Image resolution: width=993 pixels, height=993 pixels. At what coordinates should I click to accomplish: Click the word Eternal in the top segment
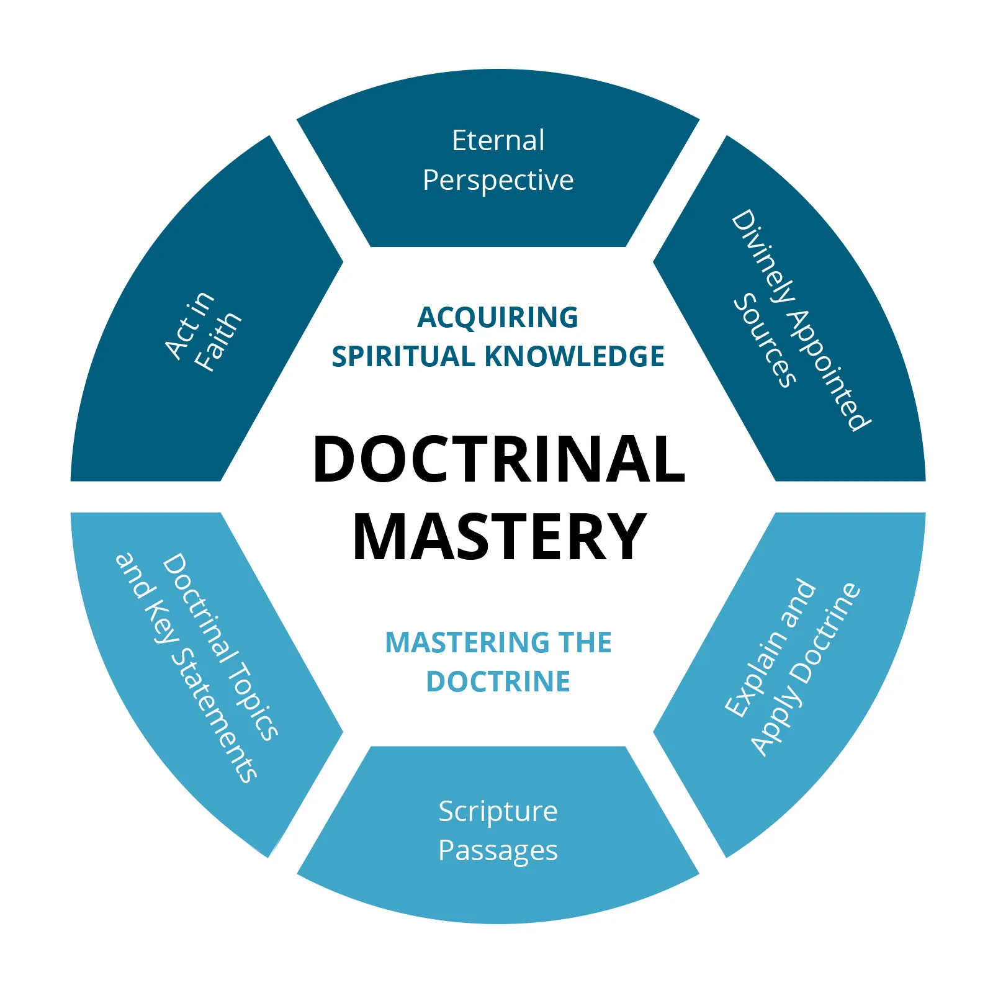(x=498, y=140)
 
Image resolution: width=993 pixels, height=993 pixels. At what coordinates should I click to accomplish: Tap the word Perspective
(x=498, y=181)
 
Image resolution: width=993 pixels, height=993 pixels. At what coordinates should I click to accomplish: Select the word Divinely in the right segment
(x=763, y=257)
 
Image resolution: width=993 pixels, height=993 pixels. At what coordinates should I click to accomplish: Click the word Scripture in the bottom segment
(x=498, y=811)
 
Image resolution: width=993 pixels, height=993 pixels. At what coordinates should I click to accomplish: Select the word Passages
(x=498, y=850)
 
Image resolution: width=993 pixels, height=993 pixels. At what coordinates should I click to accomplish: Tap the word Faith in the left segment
(x=217, y=341)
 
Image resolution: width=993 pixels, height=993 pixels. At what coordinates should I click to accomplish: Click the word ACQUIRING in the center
(x=498, y=317)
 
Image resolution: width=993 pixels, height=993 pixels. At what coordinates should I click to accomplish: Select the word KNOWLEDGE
(x=574, y=357)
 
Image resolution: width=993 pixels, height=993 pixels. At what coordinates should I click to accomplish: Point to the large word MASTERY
(x=499, y=537)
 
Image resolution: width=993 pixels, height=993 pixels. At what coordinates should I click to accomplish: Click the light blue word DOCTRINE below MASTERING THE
(x=498, y=681)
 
